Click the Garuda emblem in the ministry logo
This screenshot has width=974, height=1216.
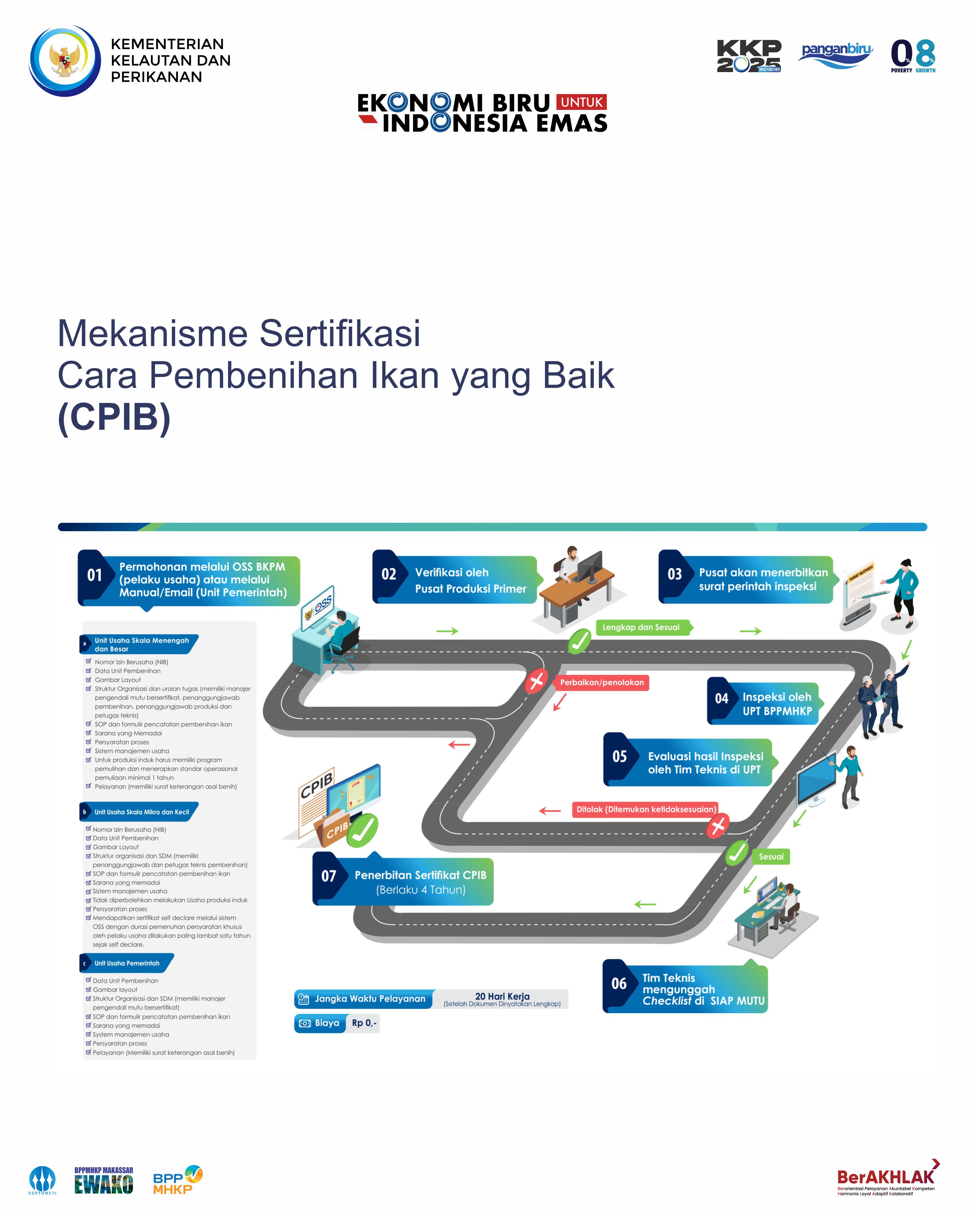[64, 60]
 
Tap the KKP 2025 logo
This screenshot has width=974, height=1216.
[749, 56]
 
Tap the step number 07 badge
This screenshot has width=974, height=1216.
[329, 876]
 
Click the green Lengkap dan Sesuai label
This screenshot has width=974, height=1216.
[643, 627]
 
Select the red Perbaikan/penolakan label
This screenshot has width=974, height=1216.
[602, 682]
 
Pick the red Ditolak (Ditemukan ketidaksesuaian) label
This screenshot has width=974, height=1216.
[645, 809]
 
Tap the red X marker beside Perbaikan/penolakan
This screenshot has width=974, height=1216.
[536, 681]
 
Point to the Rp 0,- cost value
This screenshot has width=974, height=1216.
[364, 1022]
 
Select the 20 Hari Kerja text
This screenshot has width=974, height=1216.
[502, 996]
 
